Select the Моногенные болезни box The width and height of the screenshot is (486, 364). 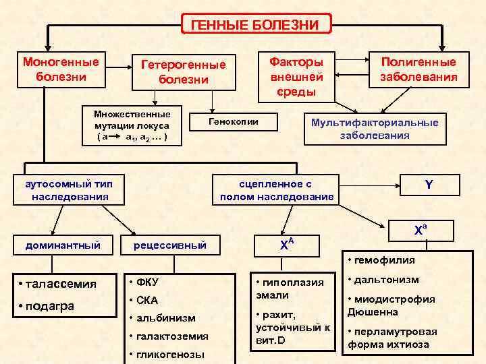pos(61,69)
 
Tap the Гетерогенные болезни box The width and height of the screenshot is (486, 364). pos(183,72)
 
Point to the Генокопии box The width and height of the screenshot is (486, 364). pos(233,121)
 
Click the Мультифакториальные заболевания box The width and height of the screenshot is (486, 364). pos(375,128)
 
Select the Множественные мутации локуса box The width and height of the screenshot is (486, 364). pos(132,125)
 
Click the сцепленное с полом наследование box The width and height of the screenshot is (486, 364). pos(277,190)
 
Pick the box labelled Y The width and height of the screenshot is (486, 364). pos(429,184)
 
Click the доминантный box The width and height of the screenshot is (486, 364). pos(63,245)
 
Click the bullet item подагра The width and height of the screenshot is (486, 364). pos(50,305)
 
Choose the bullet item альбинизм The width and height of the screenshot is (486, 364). pos(165,317)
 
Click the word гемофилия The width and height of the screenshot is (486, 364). pos(385,260)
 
